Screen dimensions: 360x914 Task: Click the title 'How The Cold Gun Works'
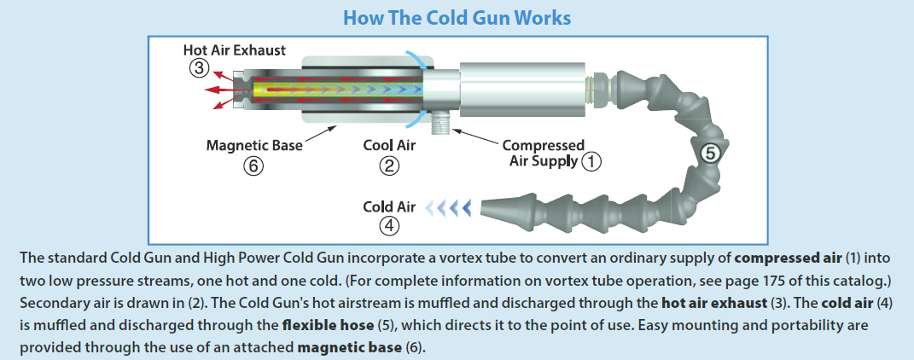456,17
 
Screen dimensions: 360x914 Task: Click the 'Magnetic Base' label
254,146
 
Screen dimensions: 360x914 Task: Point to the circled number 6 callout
253,166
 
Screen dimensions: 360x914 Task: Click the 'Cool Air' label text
389,146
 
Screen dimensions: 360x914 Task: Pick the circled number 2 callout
389,166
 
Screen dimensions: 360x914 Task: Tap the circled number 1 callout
591,160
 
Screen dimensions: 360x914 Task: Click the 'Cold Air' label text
389,206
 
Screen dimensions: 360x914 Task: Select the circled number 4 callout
389,226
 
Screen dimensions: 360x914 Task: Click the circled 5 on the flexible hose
710,154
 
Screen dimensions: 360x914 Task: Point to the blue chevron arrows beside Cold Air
449,206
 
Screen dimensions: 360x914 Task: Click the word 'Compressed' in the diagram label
543,146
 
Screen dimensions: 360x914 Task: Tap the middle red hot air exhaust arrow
224,89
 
